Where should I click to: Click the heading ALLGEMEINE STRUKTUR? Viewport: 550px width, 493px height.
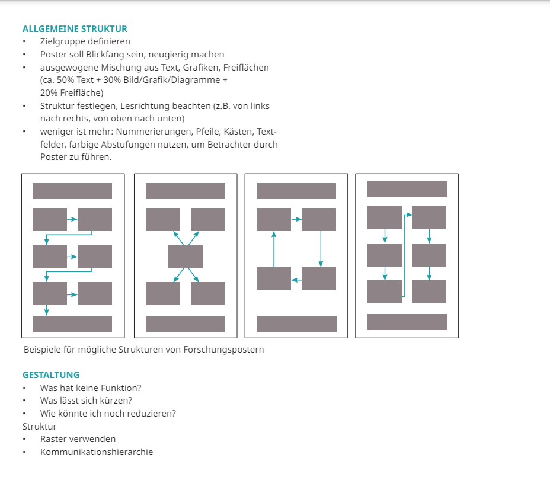pos(75,29)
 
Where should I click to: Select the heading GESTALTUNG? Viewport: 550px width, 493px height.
pos(51,375)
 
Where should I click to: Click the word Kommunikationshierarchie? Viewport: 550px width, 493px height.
pos(97,452)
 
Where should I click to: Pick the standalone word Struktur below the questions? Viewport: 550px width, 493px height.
pos(39,427)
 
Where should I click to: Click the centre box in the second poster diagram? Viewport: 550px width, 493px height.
pos(185,257)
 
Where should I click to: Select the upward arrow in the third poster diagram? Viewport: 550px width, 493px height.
pos(274,249)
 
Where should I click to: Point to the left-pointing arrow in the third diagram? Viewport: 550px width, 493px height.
pos(296,280)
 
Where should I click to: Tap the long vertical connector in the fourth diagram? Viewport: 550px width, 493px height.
pos(404,255)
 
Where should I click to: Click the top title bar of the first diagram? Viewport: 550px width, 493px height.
pos(72,191)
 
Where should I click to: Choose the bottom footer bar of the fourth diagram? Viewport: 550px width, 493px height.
pos(407,322)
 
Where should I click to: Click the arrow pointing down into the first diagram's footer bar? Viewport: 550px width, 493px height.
pos(46,310)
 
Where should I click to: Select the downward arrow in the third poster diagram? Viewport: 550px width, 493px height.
pos(321,249)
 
